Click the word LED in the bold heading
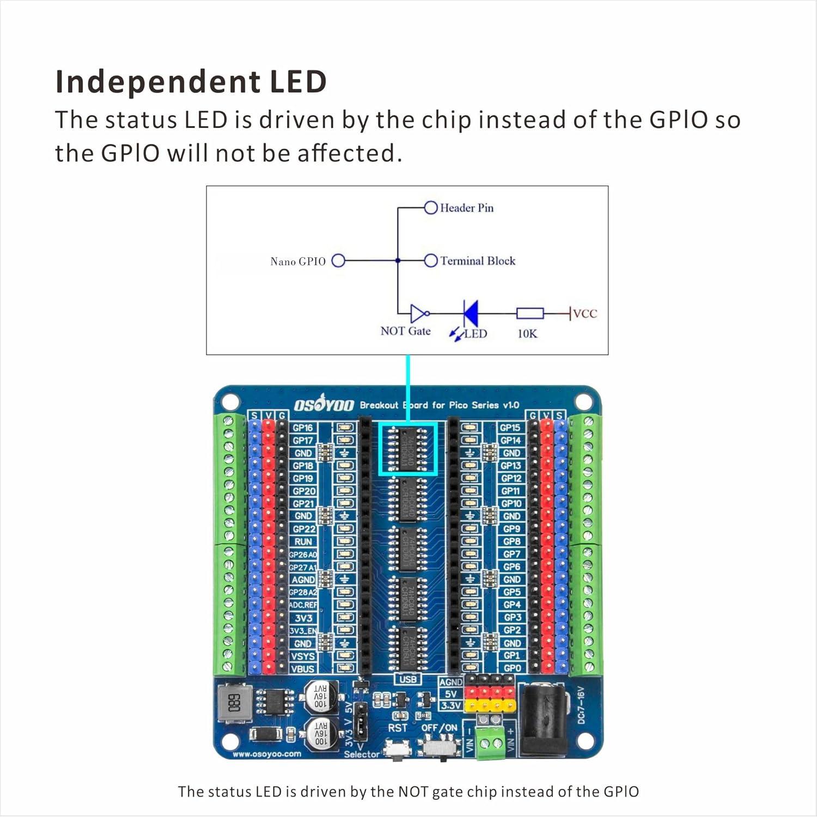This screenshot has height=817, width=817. tap(298, 82)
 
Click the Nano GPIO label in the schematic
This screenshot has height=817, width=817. tap(297, 261)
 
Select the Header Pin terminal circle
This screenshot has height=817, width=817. tap(431, 208)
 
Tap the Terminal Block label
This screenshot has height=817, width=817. tap(478, 261)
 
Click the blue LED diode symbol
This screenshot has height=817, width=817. tap(470, 313)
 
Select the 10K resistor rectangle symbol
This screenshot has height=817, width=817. tap(529, 313)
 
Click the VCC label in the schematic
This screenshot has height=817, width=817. tap(585, 313)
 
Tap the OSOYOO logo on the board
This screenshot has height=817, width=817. tap(324, 405)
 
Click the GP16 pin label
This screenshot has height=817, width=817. tap(303, 428)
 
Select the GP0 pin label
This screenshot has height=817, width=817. tap(512, 668)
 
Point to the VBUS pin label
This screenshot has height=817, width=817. tap(303, 668)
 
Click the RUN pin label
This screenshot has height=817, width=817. tap(303, 541)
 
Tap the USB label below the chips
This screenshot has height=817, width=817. tap(407, 679)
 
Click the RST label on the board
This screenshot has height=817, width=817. tap(398, 728)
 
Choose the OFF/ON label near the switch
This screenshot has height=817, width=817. tap(439, 728)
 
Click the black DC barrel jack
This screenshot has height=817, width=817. tap(545, 719)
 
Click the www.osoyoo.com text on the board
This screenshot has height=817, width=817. tap(267, 754)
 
